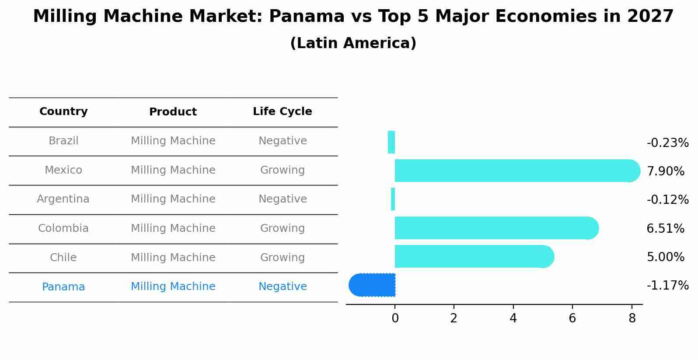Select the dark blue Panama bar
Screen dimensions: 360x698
[373, 285]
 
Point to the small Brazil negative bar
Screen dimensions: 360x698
[391, 142]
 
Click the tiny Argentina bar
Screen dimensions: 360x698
[393, 199]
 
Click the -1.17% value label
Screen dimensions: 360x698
[667, 286]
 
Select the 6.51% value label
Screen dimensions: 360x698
[665, 228]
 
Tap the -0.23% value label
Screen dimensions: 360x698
[667, 143]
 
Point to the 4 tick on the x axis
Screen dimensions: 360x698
[513, 318]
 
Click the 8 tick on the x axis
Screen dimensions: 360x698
[632, 318]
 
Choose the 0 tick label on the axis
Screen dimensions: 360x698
[395, 318]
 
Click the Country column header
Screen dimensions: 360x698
[63, 112]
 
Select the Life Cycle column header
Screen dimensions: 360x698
[283, 112]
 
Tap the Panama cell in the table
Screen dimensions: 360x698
[63, 287]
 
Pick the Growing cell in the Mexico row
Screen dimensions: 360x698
[283, 170]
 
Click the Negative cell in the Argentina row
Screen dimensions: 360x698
[283, 199]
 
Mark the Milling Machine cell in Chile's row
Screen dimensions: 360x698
[173, 258]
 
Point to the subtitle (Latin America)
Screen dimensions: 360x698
[353, 43]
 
